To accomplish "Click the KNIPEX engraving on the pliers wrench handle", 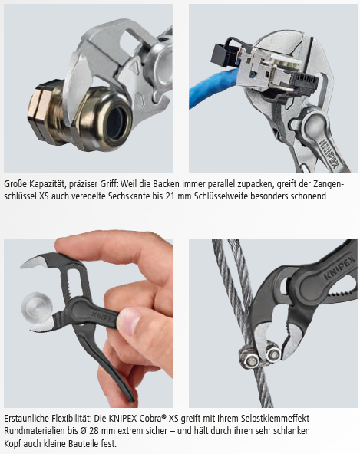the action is click(x=329, y=153).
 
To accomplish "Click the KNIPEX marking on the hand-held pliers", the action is click(x=105, y=317).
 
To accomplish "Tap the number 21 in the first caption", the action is click(x=170, y=196).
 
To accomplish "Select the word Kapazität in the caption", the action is click(x=45, y=184).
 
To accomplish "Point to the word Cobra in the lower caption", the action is click(x=150, y=419).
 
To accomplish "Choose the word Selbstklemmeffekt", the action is click(x=275, y=419).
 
